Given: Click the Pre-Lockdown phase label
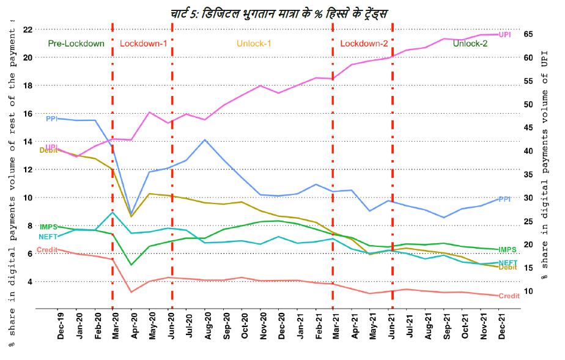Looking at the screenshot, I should click(x=76, y=43).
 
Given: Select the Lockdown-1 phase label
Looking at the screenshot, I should click(x=143, y=43).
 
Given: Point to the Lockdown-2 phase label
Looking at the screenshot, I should click(x=363, y=43).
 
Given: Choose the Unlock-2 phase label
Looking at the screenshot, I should click(x=470, y=43).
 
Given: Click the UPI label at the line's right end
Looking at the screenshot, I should click(x=505, y=35).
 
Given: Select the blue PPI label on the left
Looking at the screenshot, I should click(x=51, y=119).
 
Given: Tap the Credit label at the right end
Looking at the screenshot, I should click(x=509, y=296).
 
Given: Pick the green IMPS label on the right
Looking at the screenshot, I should click(x=507, y=249).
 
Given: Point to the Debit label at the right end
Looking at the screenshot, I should click(x=508, y=267).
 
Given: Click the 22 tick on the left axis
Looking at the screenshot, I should click(x=28, y=29).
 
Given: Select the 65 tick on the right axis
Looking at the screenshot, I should click(x=529, y=34).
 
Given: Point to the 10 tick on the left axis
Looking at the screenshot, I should click(x=28, y=197).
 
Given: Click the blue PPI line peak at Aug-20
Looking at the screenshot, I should click(x=204, y=140).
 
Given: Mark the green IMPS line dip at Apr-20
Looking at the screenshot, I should click(x=131, y=265).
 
